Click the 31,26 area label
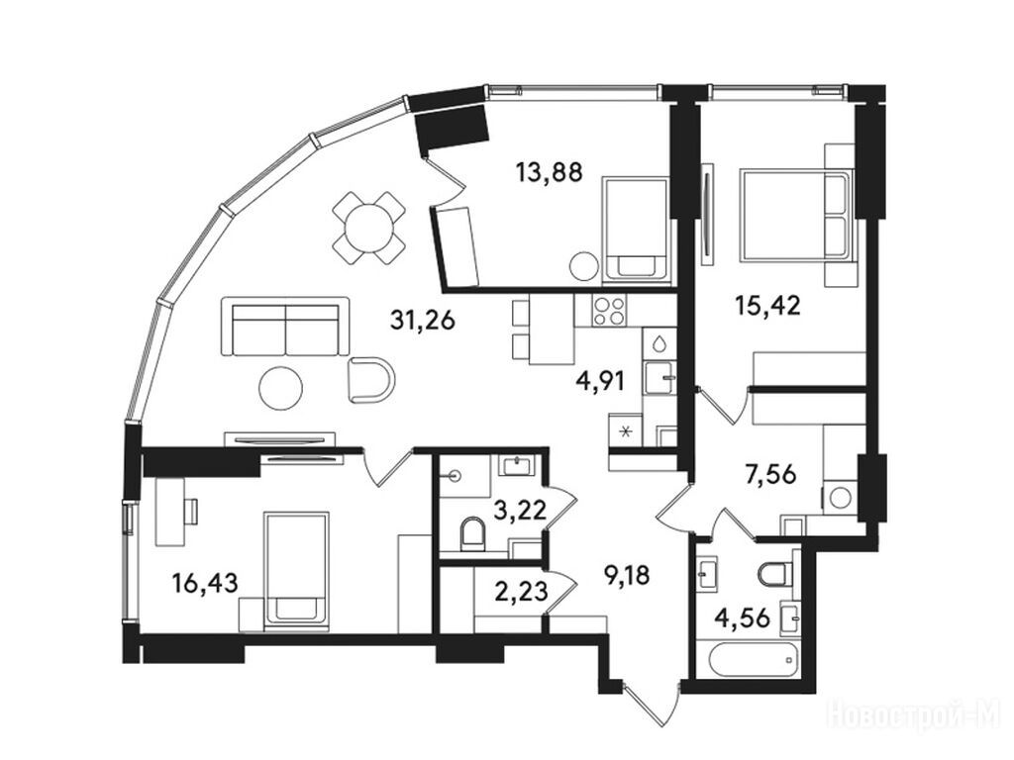point(422,320)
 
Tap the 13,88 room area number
point(549,172)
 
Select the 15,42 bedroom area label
point(767,305)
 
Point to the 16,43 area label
point(205,583)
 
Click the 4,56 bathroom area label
point(742,618)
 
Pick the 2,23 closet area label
point(521,590)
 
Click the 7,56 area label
point(768,475)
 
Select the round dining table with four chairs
point(369,228)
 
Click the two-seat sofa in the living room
point(285,327)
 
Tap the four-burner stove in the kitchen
point(608,311)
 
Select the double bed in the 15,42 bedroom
point(796,215)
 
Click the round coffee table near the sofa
point(280,387)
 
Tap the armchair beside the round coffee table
point(371,379)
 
